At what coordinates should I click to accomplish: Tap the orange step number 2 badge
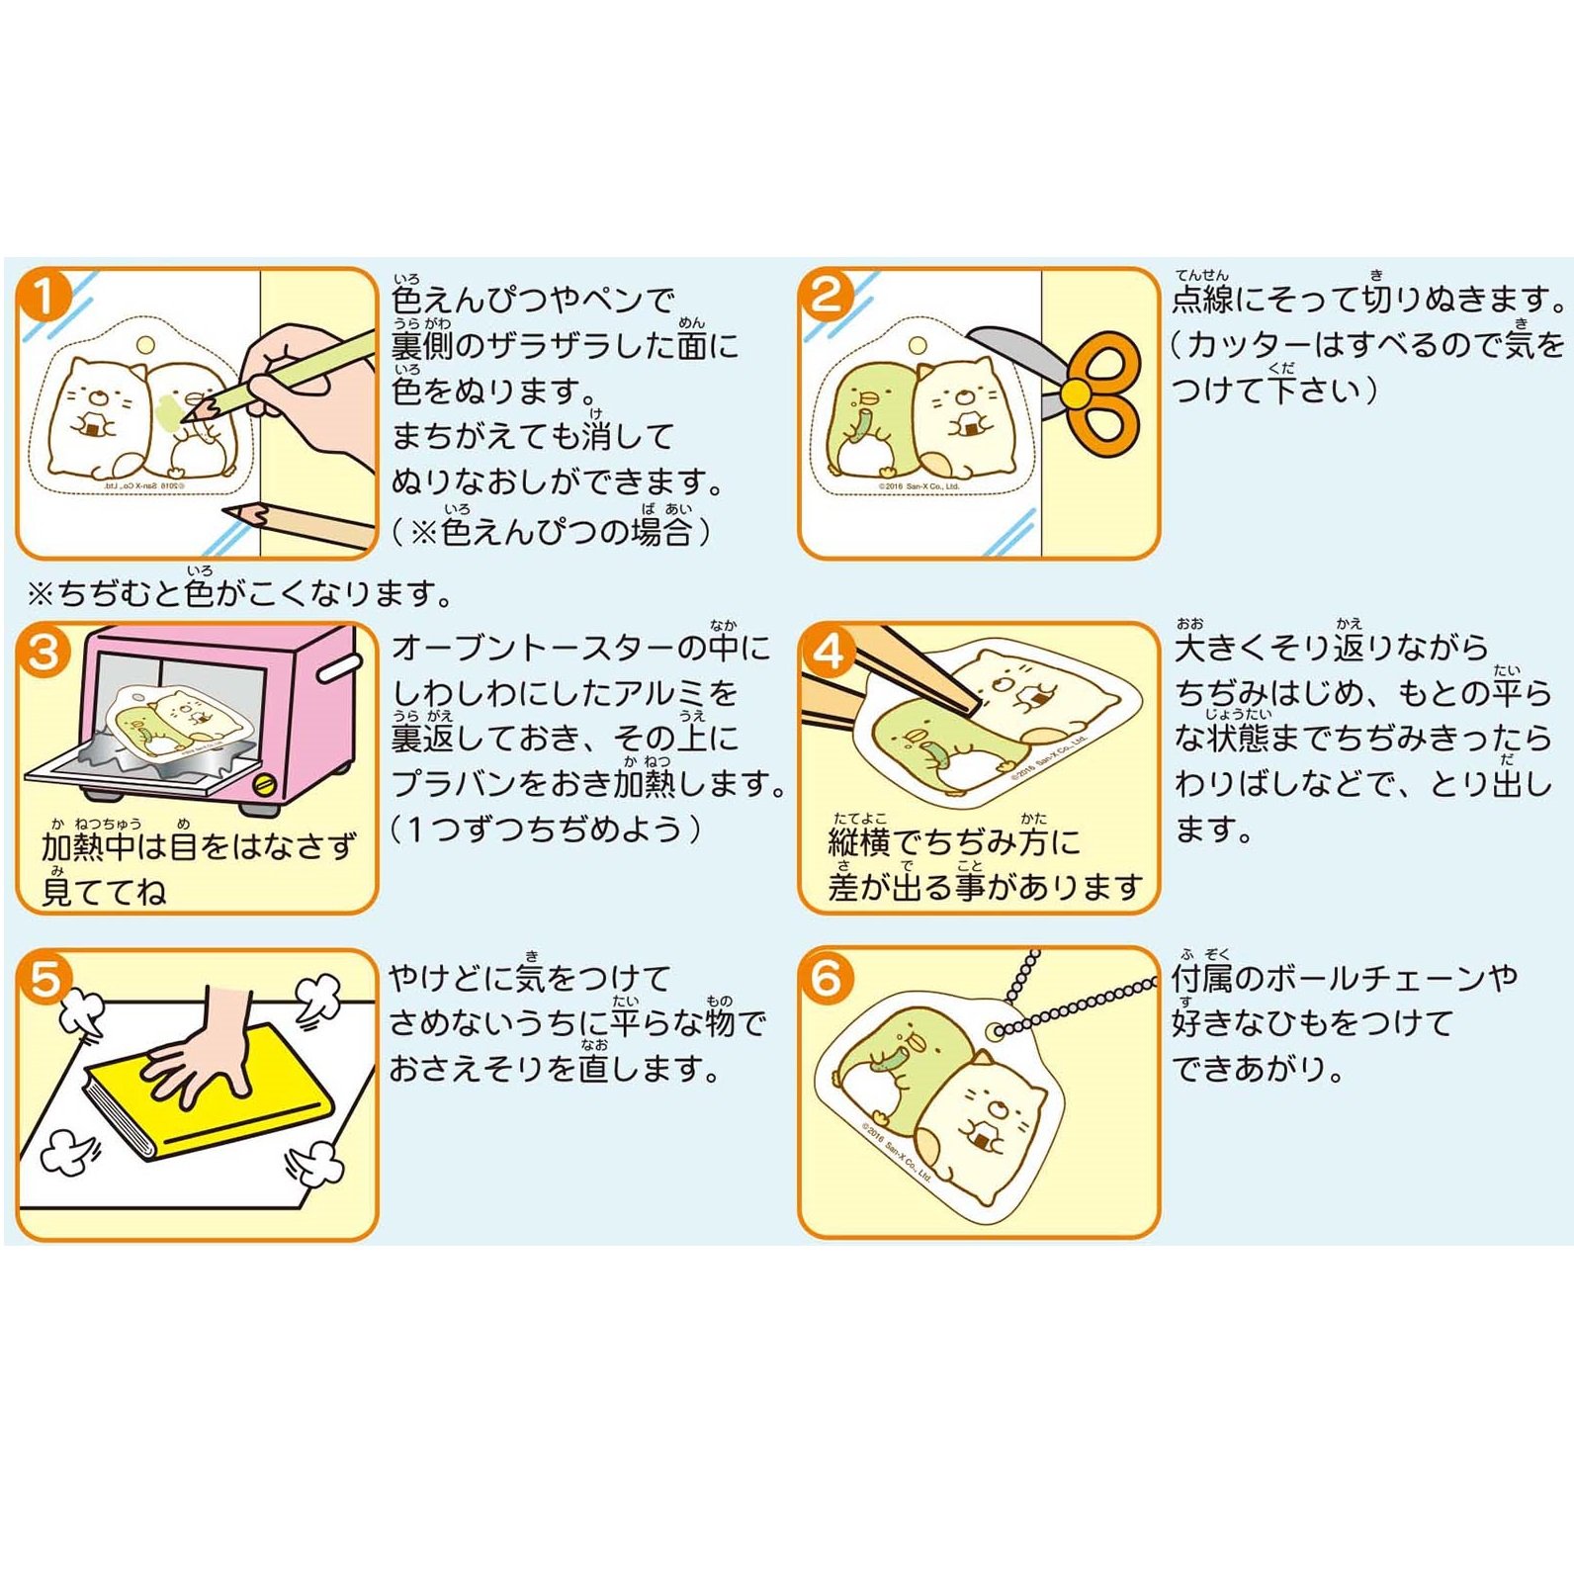[826, 294]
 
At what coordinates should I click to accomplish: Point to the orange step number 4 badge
[826, 652]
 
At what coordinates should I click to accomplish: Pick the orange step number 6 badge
[826, 978]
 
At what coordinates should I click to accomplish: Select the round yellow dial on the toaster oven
[264, 786]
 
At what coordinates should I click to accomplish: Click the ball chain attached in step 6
[1068, 1008]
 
